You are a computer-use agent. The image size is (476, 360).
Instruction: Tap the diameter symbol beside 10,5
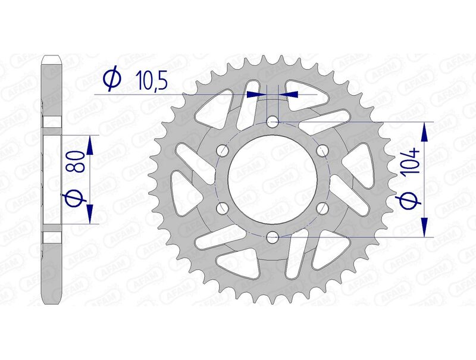(x=111, y=79)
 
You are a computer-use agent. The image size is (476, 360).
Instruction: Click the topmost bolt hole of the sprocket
(x=273, y=122)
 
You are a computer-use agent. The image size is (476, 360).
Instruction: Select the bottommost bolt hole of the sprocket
(x=273, y=237)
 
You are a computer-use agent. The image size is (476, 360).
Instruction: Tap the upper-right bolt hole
(x=322, y=150)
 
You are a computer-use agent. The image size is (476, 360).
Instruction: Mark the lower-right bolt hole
(x=322, y=208)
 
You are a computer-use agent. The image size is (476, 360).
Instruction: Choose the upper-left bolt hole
(x=223, y=150)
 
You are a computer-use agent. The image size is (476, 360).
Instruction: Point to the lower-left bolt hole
(x=223, y=208)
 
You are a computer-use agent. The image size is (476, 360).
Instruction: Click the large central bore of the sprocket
(x=273, y=179)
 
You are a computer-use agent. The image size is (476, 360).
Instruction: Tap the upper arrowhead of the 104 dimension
(x=425, y=132)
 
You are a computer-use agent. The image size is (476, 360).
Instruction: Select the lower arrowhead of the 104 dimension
(x=425, y=227)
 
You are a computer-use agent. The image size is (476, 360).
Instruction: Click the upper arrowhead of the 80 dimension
(x=90, y=143)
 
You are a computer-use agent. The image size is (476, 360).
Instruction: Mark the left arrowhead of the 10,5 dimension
(x=255, y=93)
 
